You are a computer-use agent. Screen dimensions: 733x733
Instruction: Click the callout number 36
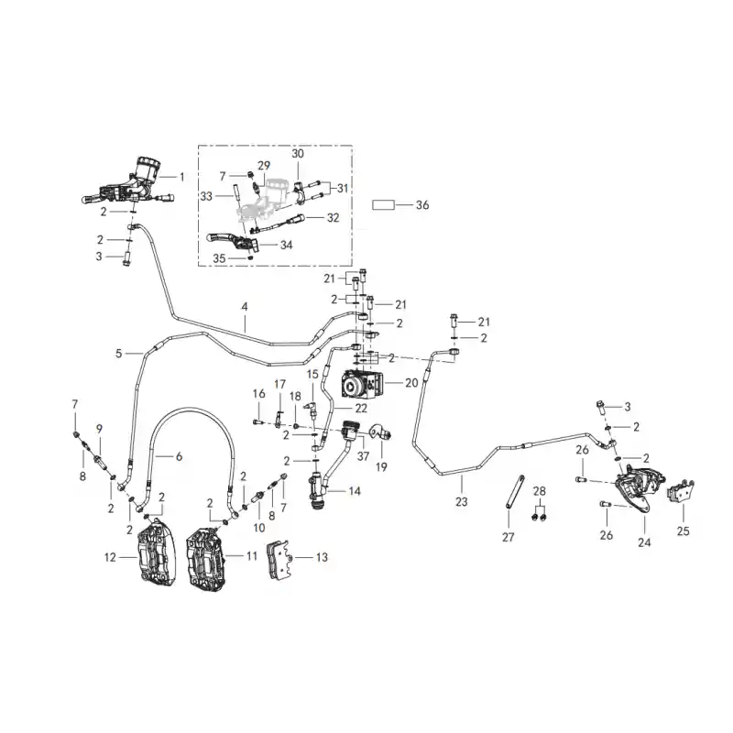click(422, 205)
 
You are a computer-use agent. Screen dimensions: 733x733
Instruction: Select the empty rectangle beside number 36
click(383, 205)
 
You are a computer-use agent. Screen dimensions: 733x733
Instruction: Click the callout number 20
click(411, 383)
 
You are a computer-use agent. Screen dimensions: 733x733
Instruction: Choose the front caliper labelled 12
click(157, 552)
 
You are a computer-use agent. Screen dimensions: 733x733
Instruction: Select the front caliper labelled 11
click(205, 559)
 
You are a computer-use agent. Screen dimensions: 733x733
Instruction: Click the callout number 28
click(539, 491)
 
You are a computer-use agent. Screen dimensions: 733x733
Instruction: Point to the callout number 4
click(245, 307)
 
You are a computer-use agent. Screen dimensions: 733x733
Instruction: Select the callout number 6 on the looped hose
click(179, 456)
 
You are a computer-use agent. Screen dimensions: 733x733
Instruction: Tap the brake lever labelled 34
click(233, 240)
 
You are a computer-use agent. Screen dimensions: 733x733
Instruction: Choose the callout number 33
click(206, 196)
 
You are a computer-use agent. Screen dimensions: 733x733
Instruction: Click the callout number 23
click(462, 502)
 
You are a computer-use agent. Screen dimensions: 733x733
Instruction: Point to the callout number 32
click(333, 218)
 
